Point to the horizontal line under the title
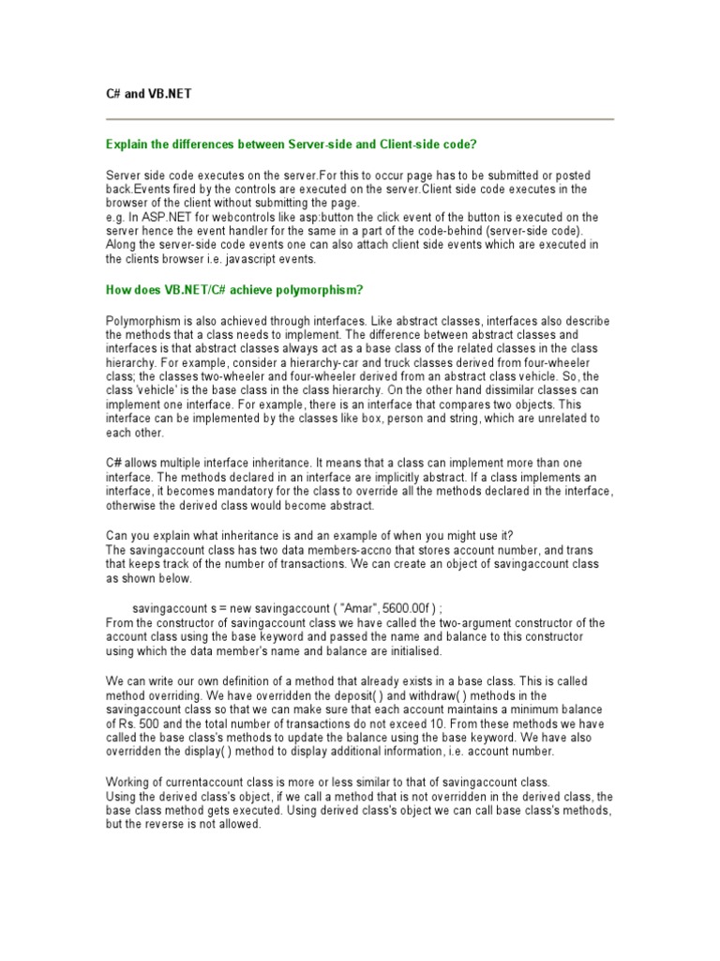360,120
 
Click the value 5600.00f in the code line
409,608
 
